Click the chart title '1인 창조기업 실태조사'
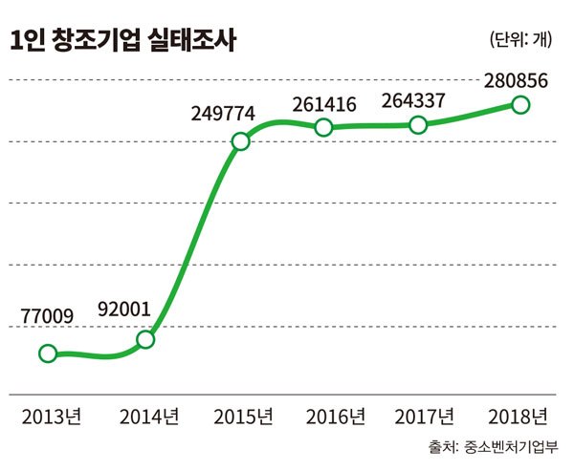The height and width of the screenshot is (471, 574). click(x=123, y=40)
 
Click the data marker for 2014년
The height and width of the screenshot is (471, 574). click(x=145, y=339)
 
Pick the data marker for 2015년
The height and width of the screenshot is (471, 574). click(x=240, y=142)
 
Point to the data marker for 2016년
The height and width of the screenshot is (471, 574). click(x=323, y=127)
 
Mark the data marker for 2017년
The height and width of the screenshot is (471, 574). click(x=417, y=124)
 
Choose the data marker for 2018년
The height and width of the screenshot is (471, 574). click(x=520, y=104)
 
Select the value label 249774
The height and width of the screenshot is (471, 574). click(x=222, y=114)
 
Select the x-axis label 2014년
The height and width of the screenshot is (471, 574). click(x=149, y=417)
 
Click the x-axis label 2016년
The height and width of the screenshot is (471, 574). click(x=335, y=417)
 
